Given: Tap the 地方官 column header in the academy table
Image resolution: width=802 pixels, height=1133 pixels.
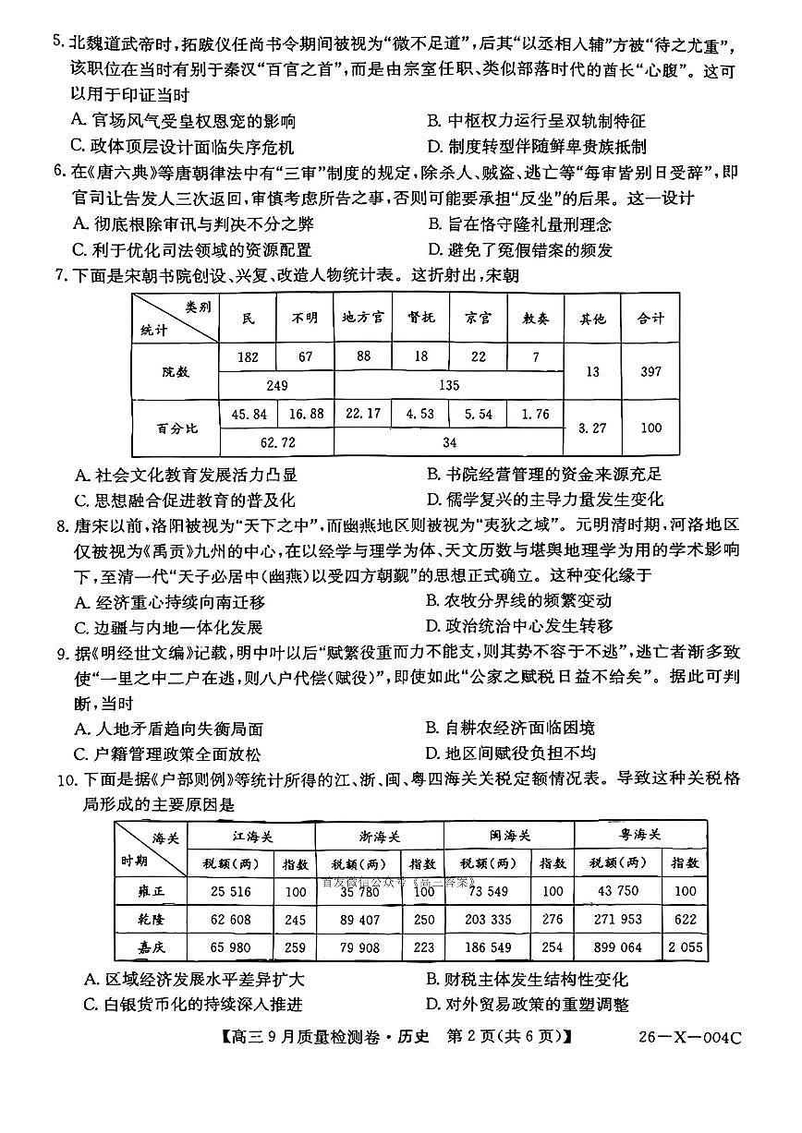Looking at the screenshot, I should click(x=363, y=318).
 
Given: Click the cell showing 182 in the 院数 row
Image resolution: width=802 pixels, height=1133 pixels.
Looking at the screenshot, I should click(x=248, y=356).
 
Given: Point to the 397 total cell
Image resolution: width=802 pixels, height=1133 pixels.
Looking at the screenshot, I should click(x=650, y=371).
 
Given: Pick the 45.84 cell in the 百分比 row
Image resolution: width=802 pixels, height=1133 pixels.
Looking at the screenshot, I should click(x=248, y=414).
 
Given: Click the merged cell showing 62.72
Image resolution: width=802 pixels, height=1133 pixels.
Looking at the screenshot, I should click(x=276, y=442).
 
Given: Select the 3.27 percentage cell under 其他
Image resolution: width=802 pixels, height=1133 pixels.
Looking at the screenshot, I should click(x=591, y=428).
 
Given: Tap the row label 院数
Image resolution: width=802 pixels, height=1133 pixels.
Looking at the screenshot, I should click(x=174, y=371).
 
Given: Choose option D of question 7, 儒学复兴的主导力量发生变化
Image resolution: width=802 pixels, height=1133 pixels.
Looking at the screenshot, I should click(x=544, y=500).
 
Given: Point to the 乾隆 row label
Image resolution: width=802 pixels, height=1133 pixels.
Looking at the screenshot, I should click(x=147, y=920).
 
